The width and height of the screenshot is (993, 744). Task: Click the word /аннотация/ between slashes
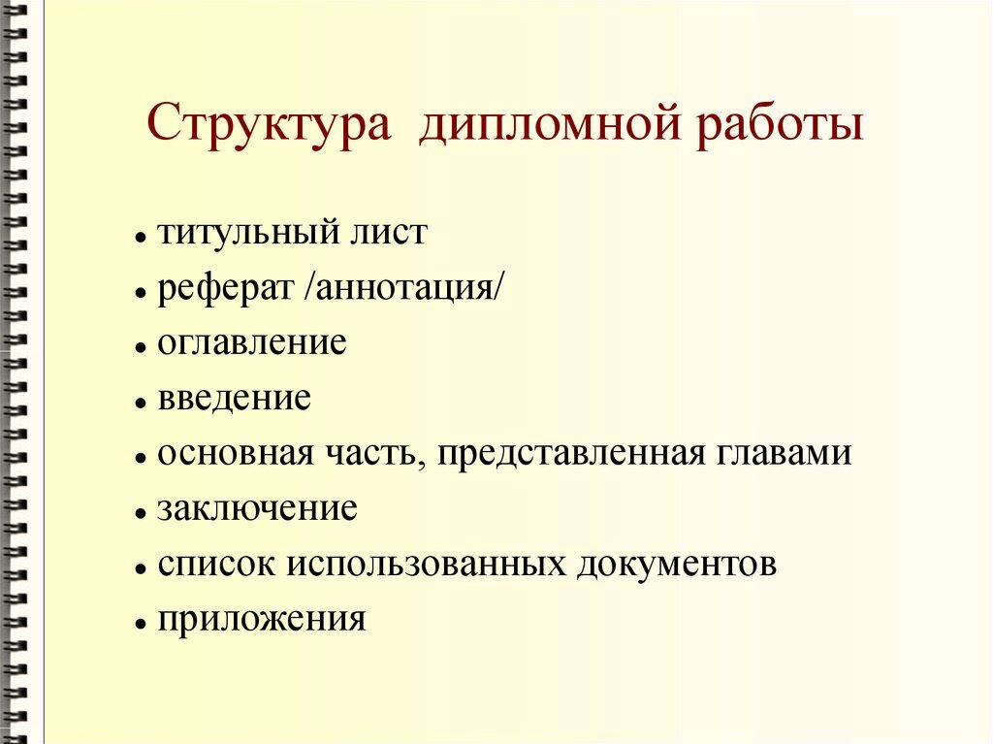click(403, 289)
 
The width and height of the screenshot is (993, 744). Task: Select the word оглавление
click(252, 343)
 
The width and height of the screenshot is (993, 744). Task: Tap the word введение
click(235, 399)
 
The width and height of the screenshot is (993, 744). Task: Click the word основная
click(237, 454)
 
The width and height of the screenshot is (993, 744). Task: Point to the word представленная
click(572, 454)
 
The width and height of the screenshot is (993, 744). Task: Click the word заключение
click(258, 509)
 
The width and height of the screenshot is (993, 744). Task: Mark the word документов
click(677, 565)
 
